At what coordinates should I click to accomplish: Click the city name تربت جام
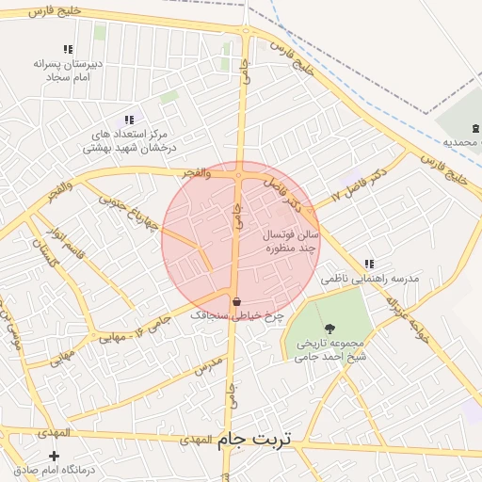(x=254, y=440)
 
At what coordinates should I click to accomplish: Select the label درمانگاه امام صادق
(x=54, y=470)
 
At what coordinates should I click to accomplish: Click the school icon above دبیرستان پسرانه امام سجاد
(x=68, y=49)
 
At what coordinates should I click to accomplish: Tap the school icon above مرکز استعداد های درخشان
(x=129, y=120)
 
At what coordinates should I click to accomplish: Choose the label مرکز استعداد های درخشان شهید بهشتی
(x=130, y=141)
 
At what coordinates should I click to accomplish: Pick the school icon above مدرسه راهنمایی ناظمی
(x=369, y=264)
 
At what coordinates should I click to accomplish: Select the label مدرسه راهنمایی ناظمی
(x=369, y=280)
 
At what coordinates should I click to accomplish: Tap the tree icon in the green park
(x=329, y=328)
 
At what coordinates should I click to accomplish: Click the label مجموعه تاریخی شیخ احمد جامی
(x=330, y=350)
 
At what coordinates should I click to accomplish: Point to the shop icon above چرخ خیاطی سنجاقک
(x=235, y=301)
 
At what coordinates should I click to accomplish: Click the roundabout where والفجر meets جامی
(x=240, y=174)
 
